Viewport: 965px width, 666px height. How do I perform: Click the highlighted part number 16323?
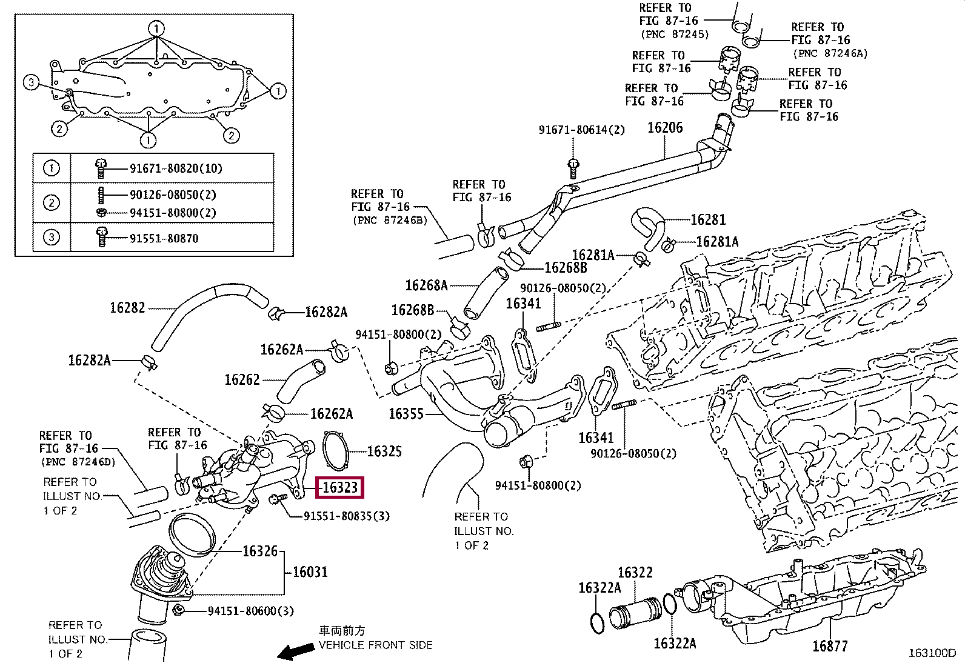(x=340, y=487)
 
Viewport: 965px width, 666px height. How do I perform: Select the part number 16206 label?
(x=665, y=127)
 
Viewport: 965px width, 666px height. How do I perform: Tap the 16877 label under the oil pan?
(x=830, y=646)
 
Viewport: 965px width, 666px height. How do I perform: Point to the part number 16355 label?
(x=406, y=414)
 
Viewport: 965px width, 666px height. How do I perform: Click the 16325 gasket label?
(x=384, y=451)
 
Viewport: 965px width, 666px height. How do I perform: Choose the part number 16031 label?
(x=310, y=571)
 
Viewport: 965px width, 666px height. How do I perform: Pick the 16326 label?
(x=260, y=551)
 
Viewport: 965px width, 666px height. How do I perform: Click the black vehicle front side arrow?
(x=292, y=651)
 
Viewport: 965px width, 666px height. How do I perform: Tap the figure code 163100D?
(x=932, y=653)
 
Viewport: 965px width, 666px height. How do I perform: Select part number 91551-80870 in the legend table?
(x=164, y=238)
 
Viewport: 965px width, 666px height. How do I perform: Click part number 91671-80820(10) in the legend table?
(x=176, y=168)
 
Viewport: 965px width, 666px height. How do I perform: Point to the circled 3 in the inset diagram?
(x=32, y=82)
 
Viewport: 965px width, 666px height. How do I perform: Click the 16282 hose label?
(x=127, y=308)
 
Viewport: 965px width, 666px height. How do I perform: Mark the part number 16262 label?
(x=242, y=380)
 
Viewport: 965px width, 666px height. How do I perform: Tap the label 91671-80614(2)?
(x=581, y=130)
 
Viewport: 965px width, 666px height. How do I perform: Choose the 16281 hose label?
(x=708, y=219)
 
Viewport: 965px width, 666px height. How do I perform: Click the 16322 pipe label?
(x=635, y=573)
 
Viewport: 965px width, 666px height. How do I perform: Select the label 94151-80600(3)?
(x=250, y=611)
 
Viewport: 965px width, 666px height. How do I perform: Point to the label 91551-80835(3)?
(x=347, y=516)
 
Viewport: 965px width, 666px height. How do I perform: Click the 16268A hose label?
(x=426, y=285)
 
